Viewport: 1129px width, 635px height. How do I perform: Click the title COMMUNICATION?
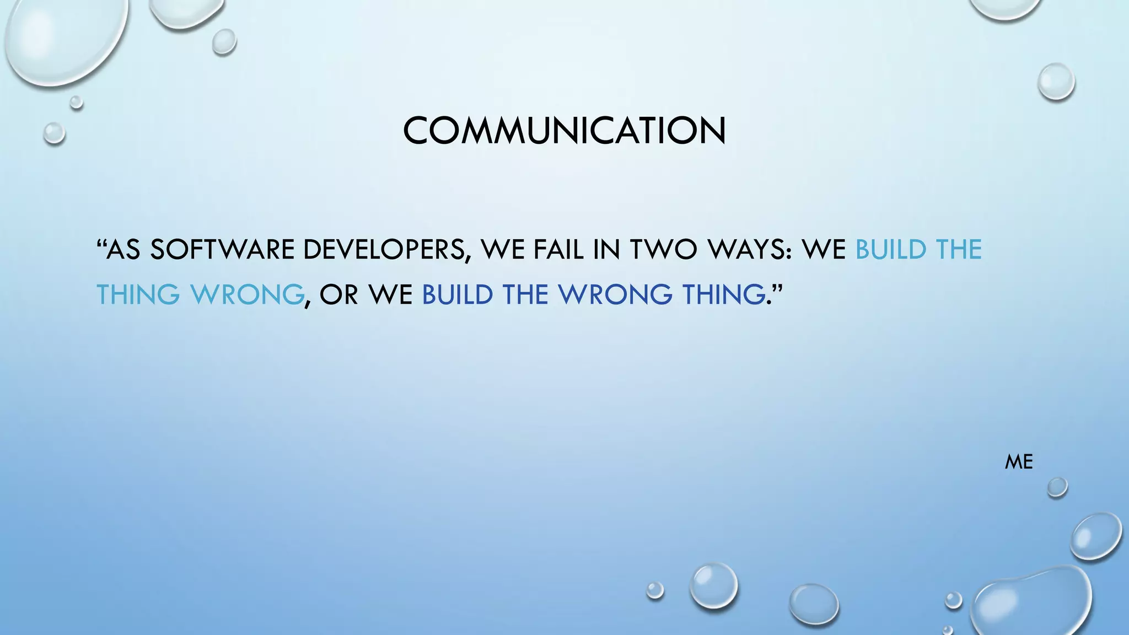coord(564,131)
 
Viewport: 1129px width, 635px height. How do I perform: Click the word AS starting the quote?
coord(123,250)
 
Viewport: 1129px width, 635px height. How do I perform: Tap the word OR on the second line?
coord(338,294)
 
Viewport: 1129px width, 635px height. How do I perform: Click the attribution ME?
coord(1018,462)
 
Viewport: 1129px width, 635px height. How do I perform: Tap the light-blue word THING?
coord(138,294)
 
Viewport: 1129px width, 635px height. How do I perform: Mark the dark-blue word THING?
coord(723,294)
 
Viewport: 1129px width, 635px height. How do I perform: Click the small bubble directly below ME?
coord(1057,487)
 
